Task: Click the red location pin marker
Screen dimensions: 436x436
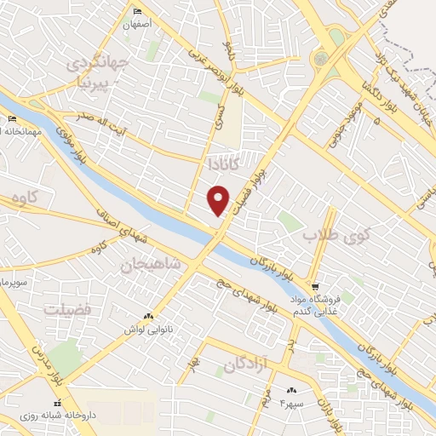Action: pos(219,201)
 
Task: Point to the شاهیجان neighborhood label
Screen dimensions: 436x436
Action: pos(152,265)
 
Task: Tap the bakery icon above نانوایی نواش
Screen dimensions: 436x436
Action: pos(150,315)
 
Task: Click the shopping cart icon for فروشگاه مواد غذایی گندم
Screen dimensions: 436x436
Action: pos(315,287)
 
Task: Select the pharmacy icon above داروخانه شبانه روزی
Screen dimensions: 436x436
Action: pos(58,403)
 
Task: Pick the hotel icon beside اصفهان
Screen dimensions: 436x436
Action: pos(139,11)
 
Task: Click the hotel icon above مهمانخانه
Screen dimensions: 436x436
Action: pos(12,118)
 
